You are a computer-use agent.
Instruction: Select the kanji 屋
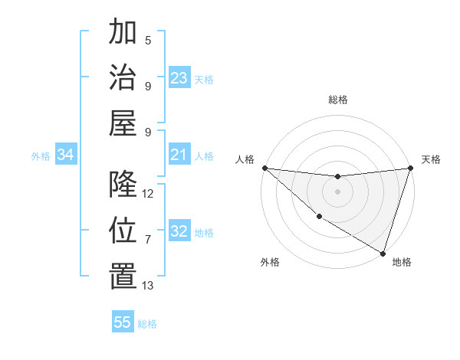(123, 122)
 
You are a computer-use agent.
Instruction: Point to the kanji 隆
(123, 184)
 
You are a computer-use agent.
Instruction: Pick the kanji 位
(123, 230)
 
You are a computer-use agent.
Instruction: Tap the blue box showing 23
(179, 78)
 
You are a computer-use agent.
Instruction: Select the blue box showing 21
(179, 155)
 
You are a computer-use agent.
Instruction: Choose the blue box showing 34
(66, 155)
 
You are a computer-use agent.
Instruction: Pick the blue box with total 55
(123, 322)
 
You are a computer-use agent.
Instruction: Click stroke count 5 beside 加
(148, 41)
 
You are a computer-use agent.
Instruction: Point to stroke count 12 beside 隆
(148, 194)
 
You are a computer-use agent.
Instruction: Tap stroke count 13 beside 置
(148, 286)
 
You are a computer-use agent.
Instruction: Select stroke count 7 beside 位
(148, 240)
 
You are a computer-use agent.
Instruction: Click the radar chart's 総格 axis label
(338, 100)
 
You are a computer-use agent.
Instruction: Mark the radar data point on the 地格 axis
(383, 253)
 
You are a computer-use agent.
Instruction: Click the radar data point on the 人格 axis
(264, 168)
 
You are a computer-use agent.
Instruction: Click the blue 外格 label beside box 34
(41, 156)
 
